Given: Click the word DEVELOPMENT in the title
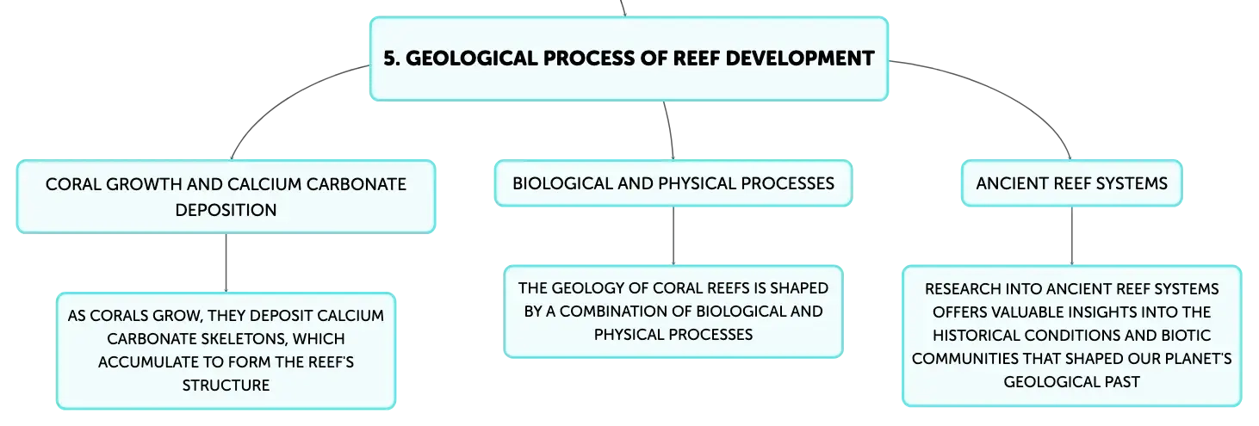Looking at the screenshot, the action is point(799,59).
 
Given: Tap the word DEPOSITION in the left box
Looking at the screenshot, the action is point(226,210).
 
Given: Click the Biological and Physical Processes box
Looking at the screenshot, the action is point(673,183).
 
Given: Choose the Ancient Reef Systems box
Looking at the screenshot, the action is point(1072,183).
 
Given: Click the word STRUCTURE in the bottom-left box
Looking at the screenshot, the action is point(226,386).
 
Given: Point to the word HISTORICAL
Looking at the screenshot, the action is point(977,336).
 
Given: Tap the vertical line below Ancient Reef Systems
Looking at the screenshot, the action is point(1072,236).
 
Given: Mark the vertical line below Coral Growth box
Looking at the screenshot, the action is point(226,262).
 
